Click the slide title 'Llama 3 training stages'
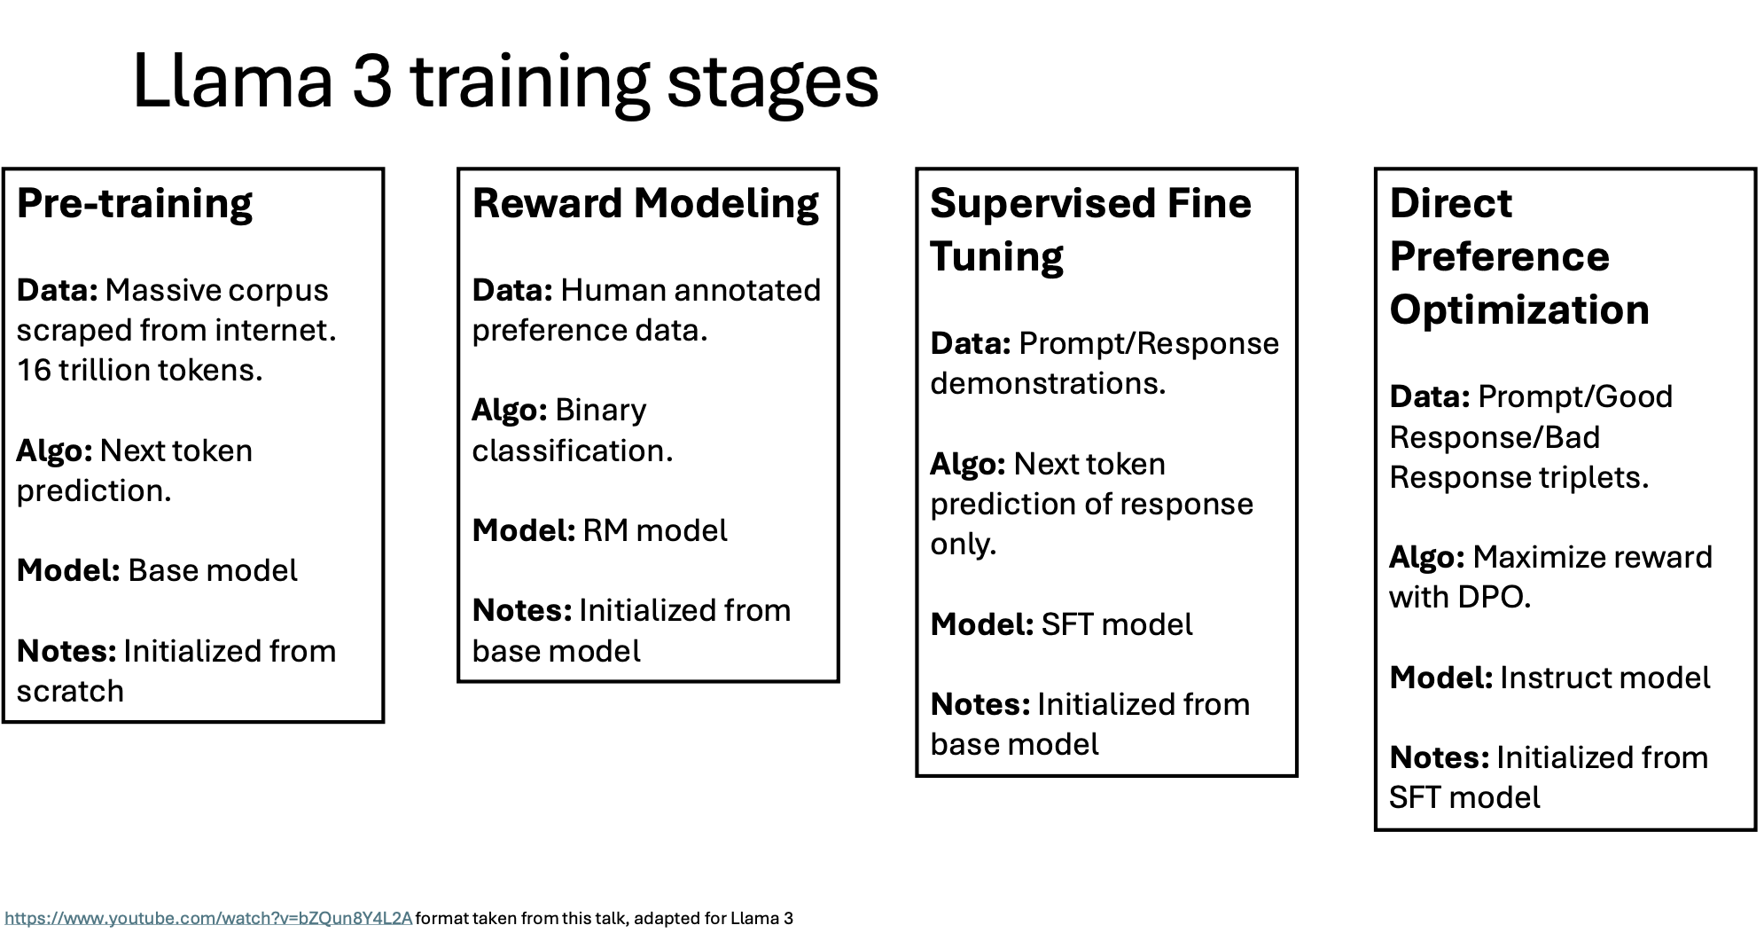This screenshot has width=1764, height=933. coord(505,82)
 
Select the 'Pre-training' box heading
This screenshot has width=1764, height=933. coord(135,203)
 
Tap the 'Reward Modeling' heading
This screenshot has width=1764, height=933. coord(645,204)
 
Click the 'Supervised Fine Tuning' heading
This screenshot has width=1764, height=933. coord(1090,230)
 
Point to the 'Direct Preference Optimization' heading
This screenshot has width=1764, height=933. coord(1519,256)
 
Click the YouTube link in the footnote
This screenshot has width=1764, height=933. coord(208,918)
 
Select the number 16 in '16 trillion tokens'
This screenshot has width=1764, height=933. coord(34,370)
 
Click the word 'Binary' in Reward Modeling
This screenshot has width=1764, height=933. coord(601,411)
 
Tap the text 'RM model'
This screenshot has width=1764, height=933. coord(655,530)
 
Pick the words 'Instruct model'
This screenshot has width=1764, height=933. coord(1604,678)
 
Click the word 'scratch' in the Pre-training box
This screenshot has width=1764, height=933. coord(71,691)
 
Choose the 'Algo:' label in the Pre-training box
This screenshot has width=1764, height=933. coord(55,451)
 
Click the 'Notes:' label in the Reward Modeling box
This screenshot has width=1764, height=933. coord(522,610)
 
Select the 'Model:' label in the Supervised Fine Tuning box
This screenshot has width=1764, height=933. coord(982,624)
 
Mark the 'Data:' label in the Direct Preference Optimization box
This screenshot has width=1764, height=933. coord(1430,396)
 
